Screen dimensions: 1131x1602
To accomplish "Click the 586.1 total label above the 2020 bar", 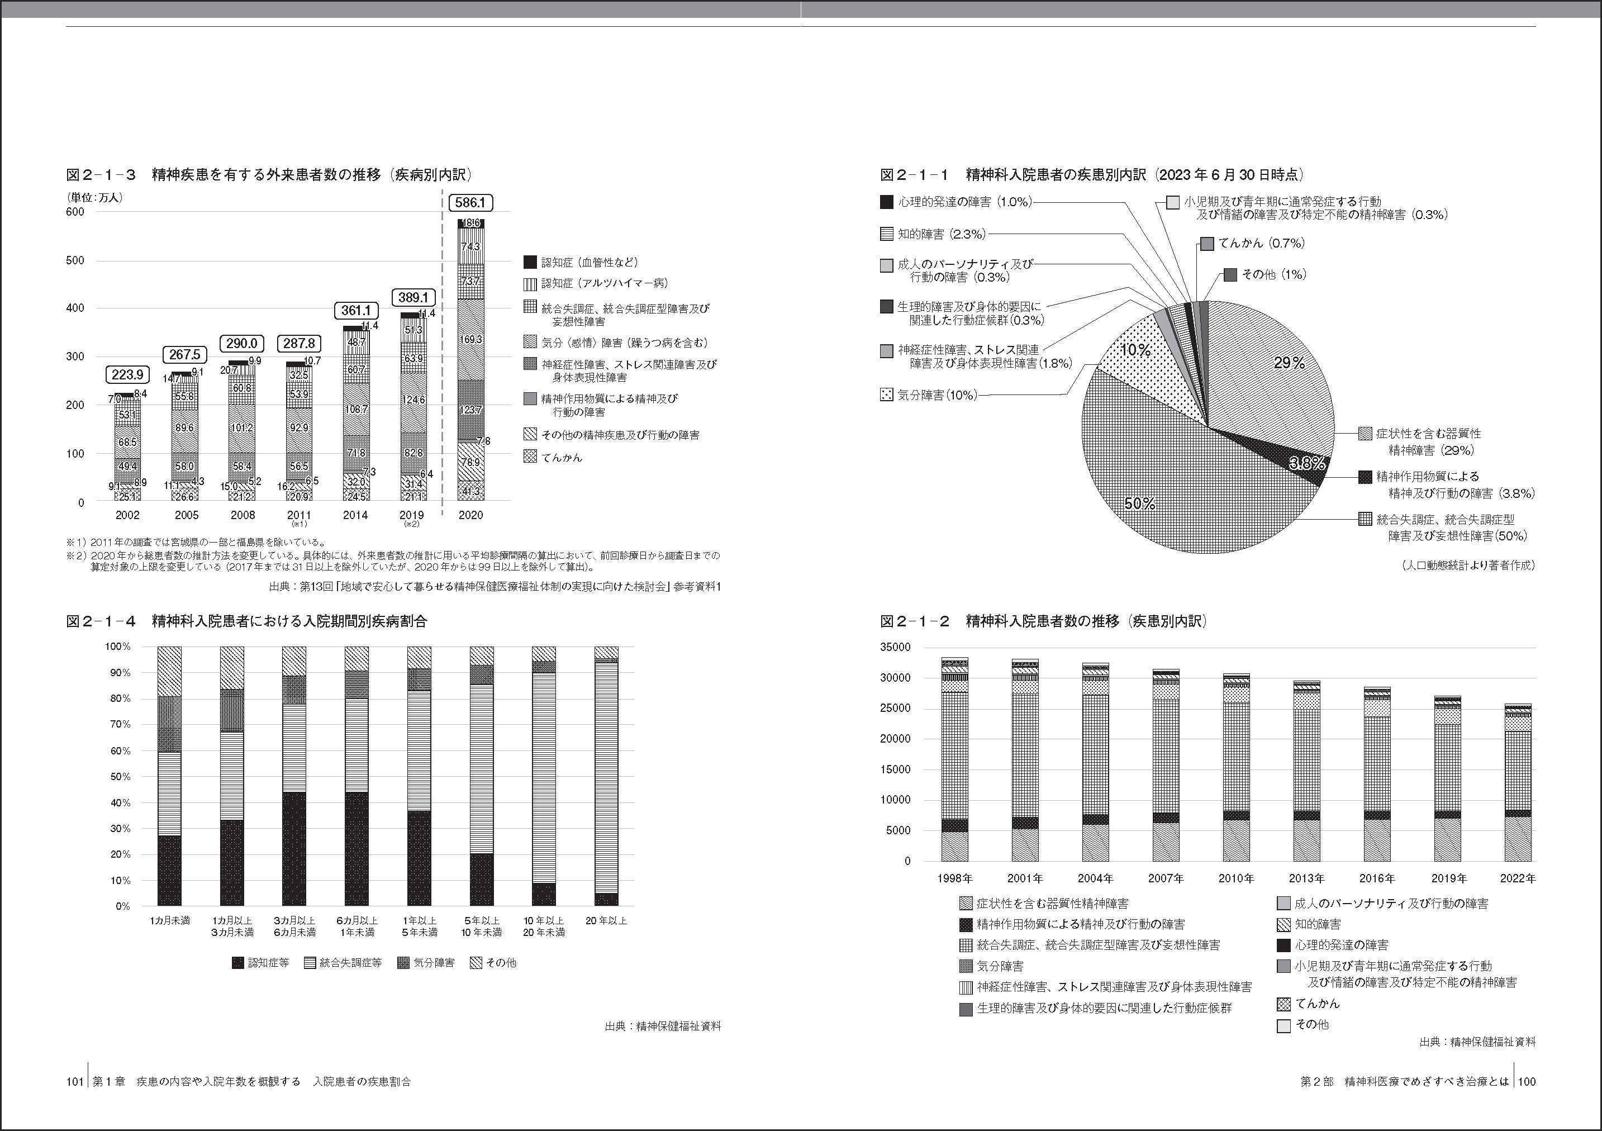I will point(470,202).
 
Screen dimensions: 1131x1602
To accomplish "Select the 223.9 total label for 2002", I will point(127,375).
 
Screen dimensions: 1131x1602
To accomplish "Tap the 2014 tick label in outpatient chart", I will point(356,515).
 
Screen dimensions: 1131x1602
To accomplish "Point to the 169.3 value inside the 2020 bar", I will point(471,339).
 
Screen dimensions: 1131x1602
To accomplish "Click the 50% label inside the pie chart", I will point(1139,503).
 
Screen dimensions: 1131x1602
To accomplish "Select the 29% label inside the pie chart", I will point(1289,363).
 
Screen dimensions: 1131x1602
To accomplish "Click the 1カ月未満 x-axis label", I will point(169,921).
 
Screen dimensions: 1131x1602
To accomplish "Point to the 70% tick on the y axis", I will point(117,724).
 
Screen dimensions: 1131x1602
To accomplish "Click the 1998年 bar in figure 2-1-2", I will point(954,761).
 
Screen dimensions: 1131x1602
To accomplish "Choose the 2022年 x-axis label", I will point(1518,878).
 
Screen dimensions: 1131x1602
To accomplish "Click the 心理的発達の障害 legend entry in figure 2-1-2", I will point(1341,945).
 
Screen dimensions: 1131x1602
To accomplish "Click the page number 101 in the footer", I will point(75,1081).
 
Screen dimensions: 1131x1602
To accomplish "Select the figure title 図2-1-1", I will point(915,174).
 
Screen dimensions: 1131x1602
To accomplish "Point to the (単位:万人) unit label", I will point(95,197).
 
